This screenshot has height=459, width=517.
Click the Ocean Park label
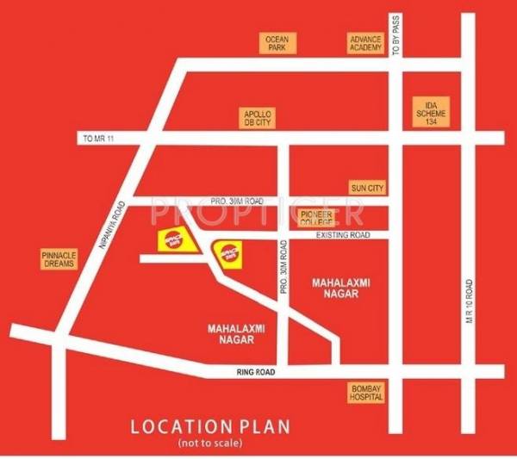click(x=277, y=42)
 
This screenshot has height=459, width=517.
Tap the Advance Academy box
click(x=364, y=42)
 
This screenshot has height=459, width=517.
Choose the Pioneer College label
click(x=317, y=217)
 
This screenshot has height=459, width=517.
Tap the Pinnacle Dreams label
click(x=59, y=259)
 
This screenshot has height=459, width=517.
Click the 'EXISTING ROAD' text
click(x=342, y=234)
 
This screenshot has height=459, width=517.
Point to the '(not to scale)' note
click(x=211, y=443)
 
